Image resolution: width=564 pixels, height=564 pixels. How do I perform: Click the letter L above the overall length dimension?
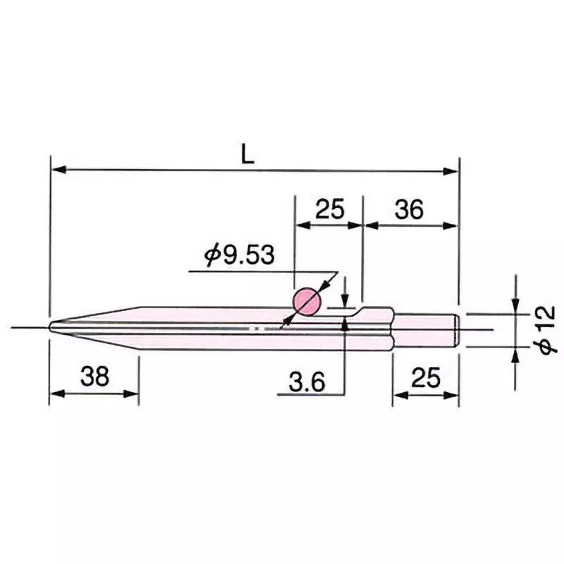pos(247,155)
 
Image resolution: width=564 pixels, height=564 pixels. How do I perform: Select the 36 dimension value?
pos(408,209)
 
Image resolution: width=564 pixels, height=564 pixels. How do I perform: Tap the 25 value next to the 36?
pos(329,209)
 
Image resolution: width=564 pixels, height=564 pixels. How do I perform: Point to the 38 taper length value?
pos(94,378)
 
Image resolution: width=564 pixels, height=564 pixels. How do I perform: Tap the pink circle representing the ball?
pos(307,302)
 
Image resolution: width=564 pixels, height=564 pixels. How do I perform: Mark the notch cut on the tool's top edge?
pos(360,312)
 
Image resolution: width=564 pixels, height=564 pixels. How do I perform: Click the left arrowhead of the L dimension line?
pos(56,170)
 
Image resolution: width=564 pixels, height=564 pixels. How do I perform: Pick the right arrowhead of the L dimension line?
pos(453,170)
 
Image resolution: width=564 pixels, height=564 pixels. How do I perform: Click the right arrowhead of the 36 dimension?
pos(453,225)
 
